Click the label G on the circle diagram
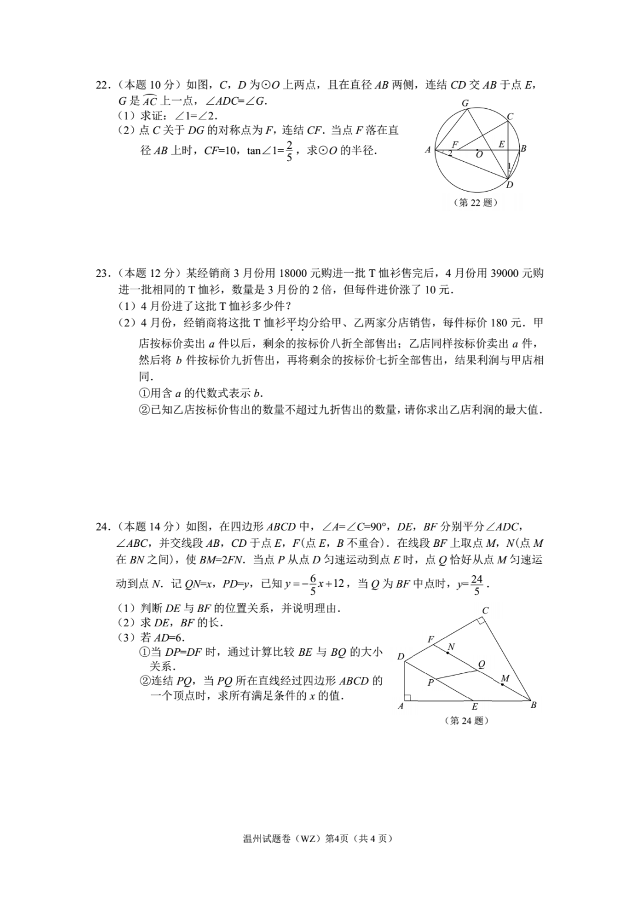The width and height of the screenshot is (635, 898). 465,104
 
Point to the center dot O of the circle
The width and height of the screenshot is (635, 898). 477,149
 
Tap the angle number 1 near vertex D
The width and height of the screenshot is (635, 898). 509,167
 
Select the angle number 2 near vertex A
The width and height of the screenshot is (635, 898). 450,153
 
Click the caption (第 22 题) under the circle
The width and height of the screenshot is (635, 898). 476,202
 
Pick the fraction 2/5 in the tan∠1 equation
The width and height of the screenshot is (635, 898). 289,151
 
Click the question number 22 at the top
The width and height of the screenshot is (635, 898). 102,85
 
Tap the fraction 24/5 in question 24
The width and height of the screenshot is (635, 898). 476,585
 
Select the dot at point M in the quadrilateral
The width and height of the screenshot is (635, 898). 502,685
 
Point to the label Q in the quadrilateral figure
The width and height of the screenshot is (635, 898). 482,664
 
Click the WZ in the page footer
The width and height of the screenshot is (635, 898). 308,839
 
